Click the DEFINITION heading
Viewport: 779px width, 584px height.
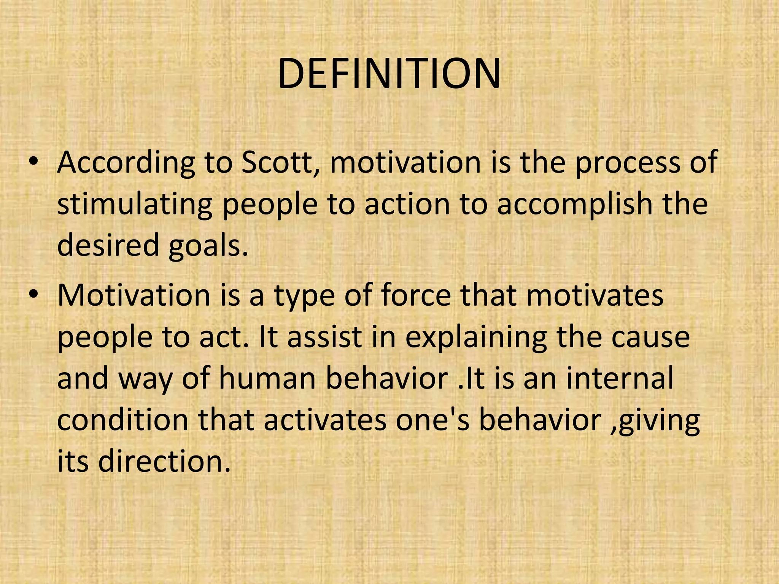pos(389,74)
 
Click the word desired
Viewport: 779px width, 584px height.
pos(108,245)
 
